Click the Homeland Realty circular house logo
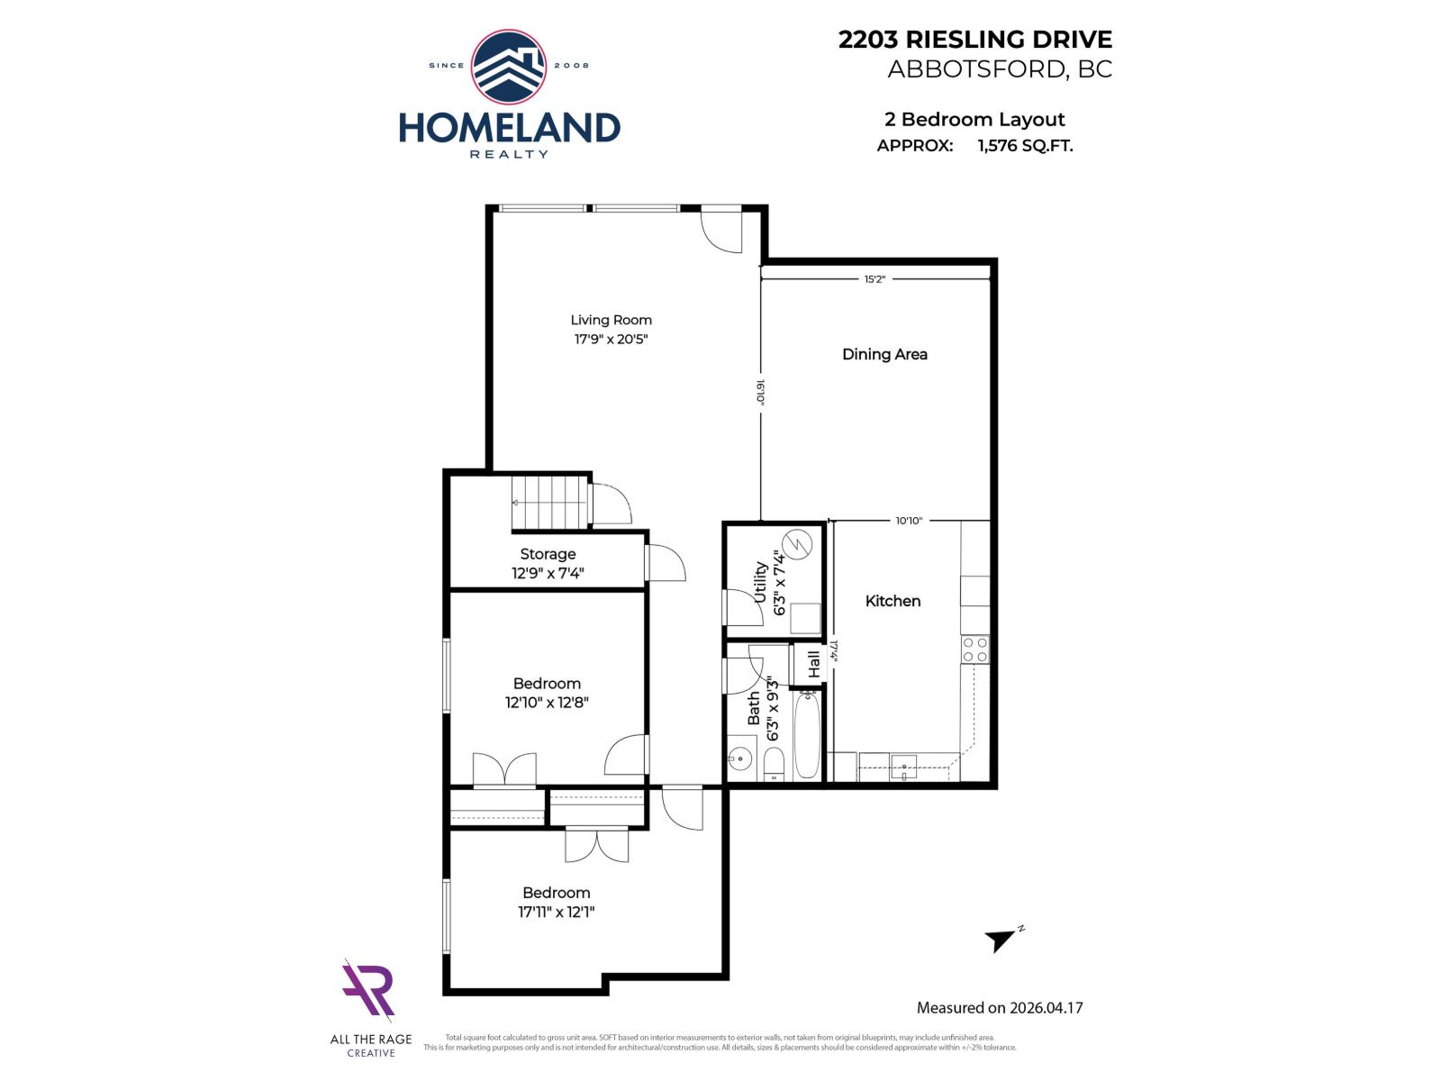pyautogui.click(x=509, y=67)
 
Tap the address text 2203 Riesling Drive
pyautogui.click(x=974, y=40)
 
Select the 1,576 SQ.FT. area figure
pyautogui.click(x=1025, y=146)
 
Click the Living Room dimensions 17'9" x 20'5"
pyautogui.click(x=612, y=340)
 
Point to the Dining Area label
pyautogui.click(x=884, y=354)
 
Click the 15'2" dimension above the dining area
pyautogui.click(x=875, y=279)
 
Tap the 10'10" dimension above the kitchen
pyautogui.click(x=909, y=521)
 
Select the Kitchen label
pyautogui.click(x=893, y=601)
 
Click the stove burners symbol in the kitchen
pyautogui.click(x=974, y=650)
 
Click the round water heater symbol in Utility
pyautogui.click(x=798, y=544)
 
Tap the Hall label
pyautogui.click(x=814, y=665)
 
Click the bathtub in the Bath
pyautogui.click(x=807, y=734)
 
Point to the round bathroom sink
pyautogui.click(x=740, y=759)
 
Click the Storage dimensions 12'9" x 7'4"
pyautogui.click(x=548, y=573)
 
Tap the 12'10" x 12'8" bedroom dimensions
pyautogui.click(x=547, y=703)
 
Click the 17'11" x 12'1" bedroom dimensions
pyautogui.click(x=556, y=912)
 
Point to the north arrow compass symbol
pyautogui.click(x=1001, y=939)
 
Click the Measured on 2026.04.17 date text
pyautogui.click(x=999, y=1008)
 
